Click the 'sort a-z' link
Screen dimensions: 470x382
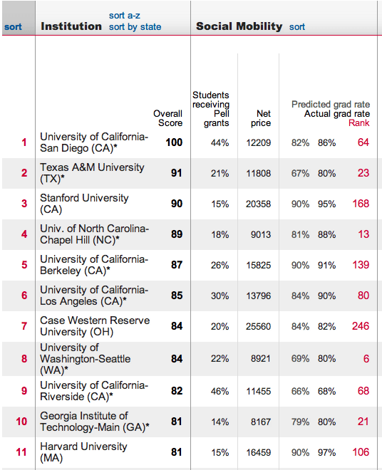124,16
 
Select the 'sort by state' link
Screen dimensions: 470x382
135,27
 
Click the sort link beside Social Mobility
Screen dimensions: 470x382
297,27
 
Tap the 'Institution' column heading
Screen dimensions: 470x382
71,26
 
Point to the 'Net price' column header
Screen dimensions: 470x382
262,118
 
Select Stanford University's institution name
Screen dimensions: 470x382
84,204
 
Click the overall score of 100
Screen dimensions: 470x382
174,142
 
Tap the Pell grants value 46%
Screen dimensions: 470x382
220,391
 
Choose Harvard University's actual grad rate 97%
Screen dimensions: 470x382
326,452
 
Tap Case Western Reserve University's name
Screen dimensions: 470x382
94,326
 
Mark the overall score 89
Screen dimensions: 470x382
177,234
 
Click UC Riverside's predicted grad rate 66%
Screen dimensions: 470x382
300,391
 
